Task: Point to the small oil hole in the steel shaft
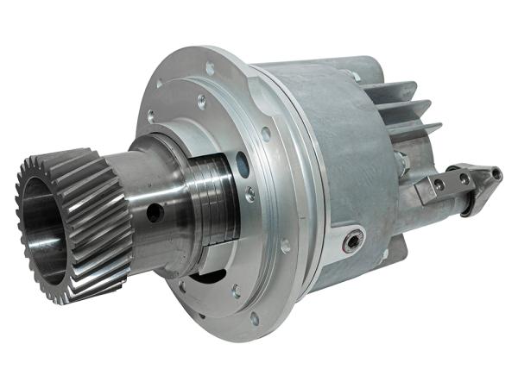coord(155,211)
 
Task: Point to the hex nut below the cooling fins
coord(400,160)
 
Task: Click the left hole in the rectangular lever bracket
coord(439,185)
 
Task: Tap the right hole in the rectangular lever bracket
coord(464,178)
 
